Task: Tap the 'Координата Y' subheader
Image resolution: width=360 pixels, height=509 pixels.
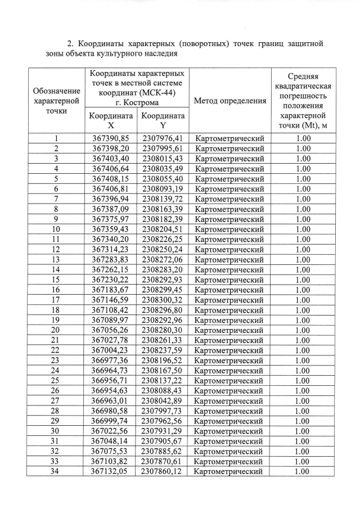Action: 163,121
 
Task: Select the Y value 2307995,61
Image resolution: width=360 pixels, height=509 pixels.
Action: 163,148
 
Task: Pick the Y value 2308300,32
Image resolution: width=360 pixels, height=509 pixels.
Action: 163,299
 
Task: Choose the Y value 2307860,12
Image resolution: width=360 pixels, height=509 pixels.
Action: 163,471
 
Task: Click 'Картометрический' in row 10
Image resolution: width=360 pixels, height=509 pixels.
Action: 229,229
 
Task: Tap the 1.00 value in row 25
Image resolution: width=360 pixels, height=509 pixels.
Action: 303,380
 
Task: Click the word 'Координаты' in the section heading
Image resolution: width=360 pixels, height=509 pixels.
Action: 100,43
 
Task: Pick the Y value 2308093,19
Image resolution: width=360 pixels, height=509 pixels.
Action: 163,188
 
